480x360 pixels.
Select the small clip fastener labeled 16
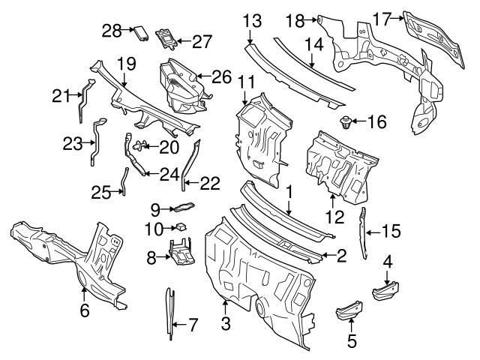tap(346, 121)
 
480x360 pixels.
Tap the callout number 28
tap(112, 30)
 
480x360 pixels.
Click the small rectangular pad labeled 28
tap(140, 32)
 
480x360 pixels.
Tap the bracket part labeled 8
tap(179, 254)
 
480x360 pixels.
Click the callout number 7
tap(193, 325)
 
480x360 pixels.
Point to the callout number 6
tap(85, 310)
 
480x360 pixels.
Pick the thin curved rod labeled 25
tap(125, 182)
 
